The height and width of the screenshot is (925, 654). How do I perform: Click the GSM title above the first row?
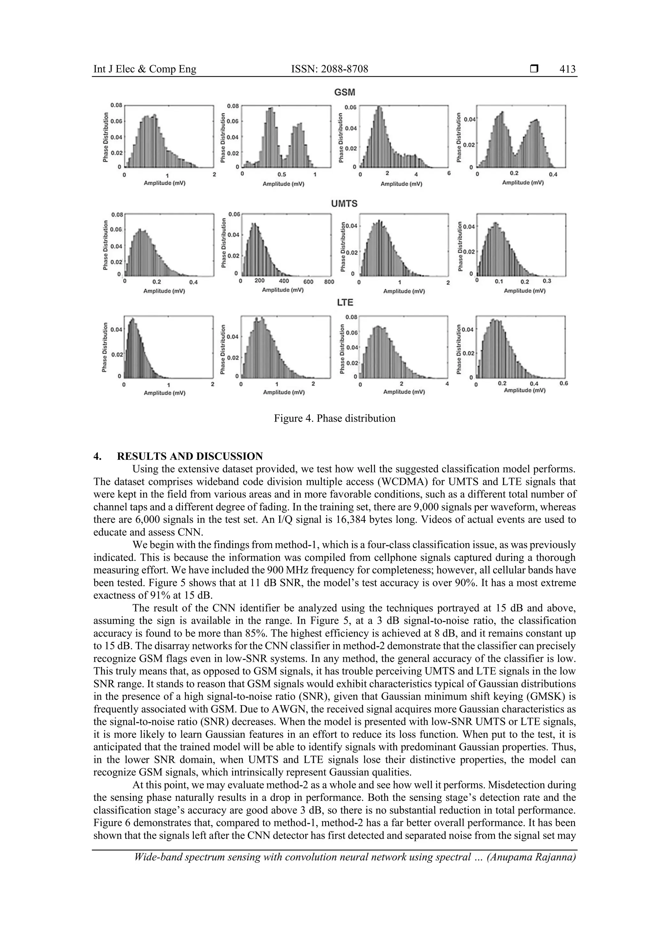pyautogui.click(x=345, y=92)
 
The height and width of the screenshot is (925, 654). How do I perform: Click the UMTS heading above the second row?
pyautogui.click(x=344, y=204)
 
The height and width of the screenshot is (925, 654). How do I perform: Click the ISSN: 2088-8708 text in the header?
pyautogui.click(x=330, y=69)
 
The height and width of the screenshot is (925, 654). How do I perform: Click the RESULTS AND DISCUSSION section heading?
pyautogui.click(x=190, y=456)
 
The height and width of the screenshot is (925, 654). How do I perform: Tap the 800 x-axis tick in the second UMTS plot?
pyautogui.click(x=329, y=282)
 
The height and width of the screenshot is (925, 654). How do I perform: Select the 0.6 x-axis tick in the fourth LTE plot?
pyautogui.click(x=563, y=383)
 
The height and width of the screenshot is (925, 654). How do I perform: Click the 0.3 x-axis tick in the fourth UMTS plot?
pyautogui.click(x=546, y=281)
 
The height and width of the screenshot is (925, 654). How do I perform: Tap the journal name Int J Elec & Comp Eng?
pyautogui.click(x=145, y=69)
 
